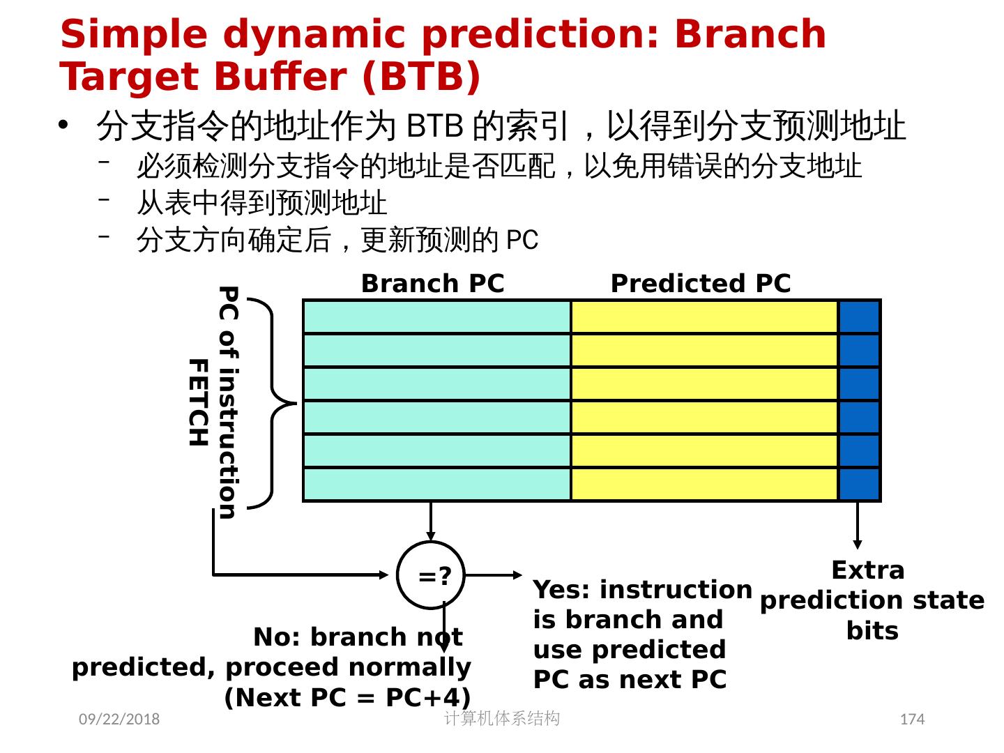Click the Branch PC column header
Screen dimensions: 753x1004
(x=432, y=284)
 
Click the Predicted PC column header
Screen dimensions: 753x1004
(x=700, y=284)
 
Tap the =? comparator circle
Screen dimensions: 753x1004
(x=432, y=575)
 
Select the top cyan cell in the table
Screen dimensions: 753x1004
(x=437, y=317)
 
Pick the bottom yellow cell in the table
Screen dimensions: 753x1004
(x=704, y=485)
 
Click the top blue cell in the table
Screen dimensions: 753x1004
(x=859, y=317)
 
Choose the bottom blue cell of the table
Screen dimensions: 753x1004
(x=859, y=485)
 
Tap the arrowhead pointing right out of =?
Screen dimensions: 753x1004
(x=517, y=575)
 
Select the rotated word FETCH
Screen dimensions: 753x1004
(x=199, y=402)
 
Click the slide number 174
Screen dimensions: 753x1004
(x=912, y=719)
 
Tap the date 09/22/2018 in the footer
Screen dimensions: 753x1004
(x=119, y=719)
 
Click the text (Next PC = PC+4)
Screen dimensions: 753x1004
(x=347, y=697)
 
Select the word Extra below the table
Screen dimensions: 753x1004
(x=868, y=570)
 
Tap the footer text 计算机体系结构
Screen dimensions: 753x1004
(x=502, y=718)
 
